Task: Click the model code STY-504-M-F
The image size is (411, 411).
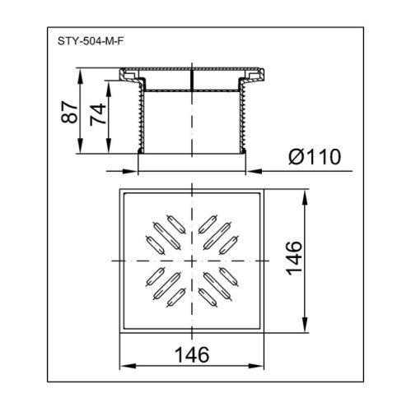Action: click(x=91, y=41)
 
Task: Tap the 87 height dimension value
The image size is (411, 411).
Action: click(x=68, y=112)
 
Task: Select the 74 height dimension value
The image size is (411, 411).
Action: click(x=98, y=114)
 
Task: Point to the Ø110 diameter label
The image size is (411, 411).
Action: click(x=315, y=157)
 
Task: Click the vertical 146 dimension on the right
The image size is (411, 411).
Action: click(x=294, y=258)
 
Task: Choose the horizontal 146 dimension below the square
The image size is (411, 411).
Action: click(x=192, y=354)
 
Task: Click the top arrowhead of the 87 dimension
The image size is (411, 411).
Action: click(x=81, y=76)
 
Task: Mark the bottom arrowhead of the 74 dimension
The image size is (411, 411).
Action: click(x=109, y=145)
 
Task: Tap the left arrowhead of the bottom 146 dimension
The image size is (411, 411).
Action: click(x=128, y=366)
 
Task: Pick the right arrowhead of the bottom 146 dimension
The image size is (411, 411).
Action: click(x=255, y=366)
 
